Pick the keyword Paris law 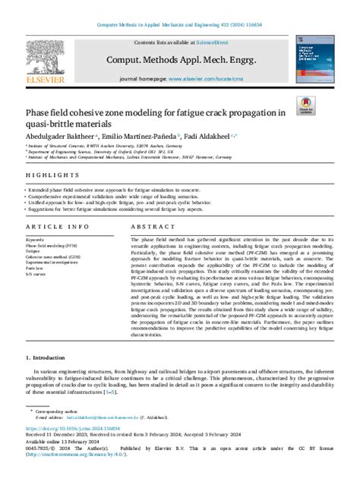(35, 268)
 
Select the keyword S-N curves (36, 274)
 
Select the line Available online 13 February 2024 (63, 461)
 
